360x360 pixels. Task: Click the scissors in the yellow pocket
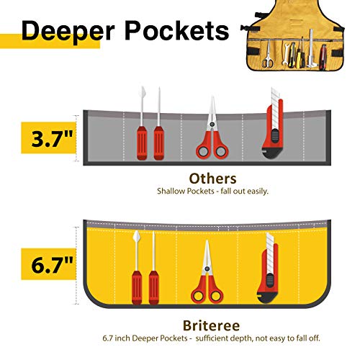coord(209,277)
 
